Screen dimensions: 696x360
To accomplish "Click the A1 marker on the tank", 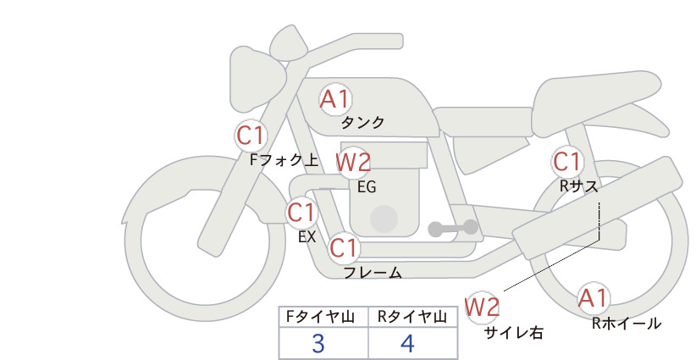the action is [x=335, y=99].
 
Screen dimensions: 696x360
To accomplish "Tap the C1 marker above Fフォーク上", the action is [x=251, y=136].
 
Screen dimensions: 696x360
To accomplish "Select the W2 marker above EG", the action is [x=353, y=162].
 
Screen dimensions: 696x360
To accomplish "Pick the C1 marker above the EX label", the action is [x=301, y=212].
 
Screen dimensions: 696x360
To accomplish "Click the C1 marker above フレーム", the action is [x=344, y=247].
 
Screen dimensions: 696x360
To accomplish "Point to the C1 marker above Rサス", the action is [x=566, y=162].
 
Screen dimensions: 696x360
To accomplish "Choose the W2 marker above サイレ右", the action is [x=482, y=307].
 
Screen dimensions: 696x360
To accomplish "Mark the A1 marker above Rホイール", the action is [x=593, y=298].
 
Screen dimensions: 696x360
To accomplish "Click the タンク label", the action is [x=362, y=123].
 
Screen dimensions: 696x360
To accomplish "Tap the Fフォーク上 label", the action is [x=284, y=160].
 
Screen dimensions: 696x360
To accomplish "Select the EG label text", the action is [x=367, y=187].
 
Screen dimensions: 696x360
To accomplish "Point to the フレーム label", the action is [x=373, y=273].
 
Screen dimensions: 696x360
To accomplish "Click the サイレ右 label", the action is [x=514, y=333].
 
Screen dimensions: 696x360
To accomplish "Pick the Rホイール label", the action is [x=627, y=324].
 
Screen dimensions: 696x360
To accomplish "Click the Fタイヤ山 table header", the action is [x=320, y=317].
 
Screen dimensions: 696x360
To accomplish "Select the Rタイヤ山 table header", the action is [x=412, y=317].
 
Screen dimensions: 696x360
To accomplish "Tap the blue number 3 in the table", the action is [x=318, y=343].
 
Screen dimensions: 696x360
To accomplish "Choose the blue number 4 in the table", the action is [x=407, y=343].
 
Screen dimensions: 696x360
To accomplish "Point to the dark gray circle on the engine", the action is [x=384, y=219].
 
